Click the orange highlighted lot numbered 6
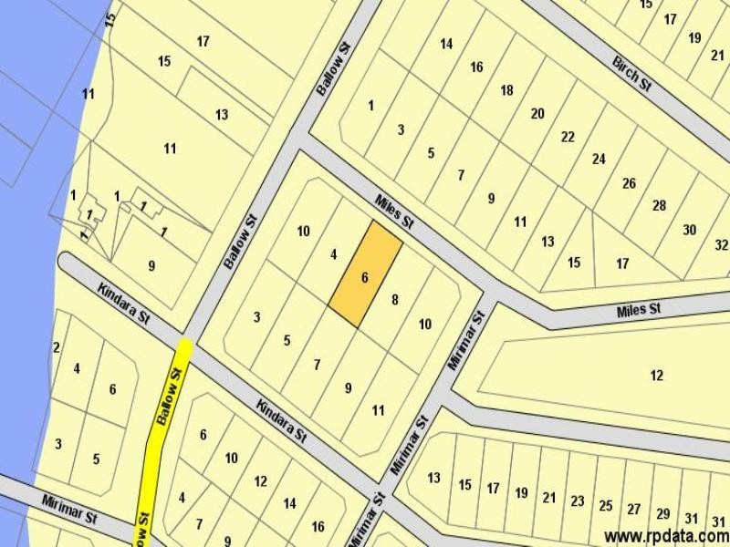click(364, 277)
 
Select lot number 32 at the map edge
click(721, 244)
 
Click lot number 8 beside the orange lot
click(394, 299)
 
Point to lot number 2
click(57, 347)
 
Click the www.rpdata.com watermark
click(665, 536)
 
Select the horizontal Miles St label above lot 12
click(638, 310)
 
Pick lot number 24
click(599, 159)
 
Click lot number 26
click(629, 183)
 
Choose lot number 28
click(659, 205)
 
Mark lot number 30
click(689, 230)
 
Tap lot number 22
click(568, 137)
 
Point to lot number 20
click(537, 113)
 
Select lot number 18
click(506, 90)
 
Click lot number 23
click(577, 501)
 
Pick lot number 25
click(606, 505)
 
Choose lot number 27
click(634, 509)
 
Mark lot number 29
click(662, 513)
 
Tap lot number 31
click(691, 517)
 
